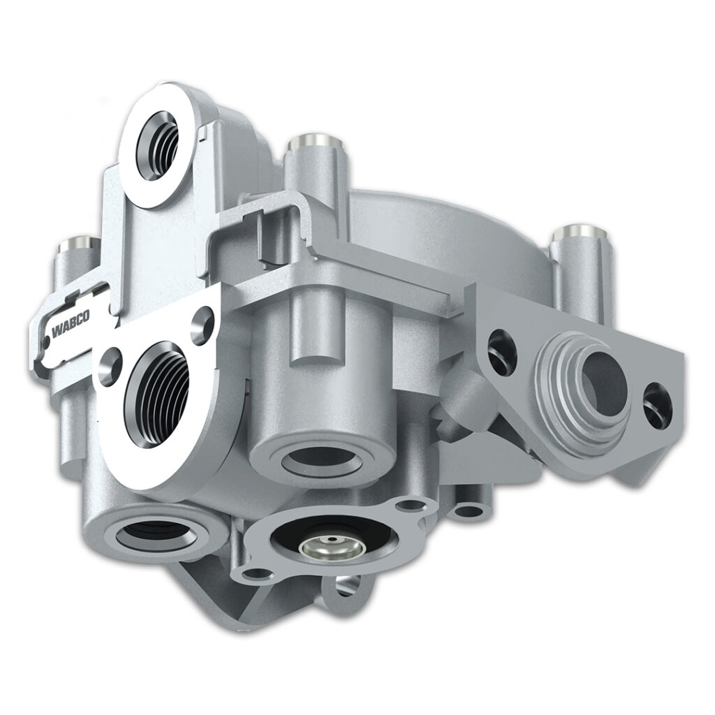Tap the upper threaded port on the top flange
[158, 145]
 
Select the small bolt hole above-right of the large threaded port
[202, 325]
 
